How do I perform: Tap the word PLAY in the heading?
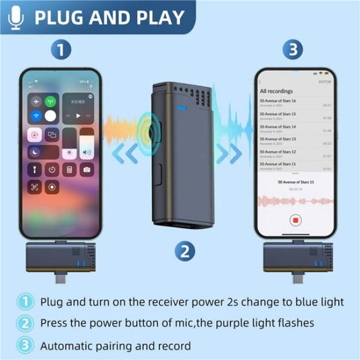pyautogui.click(x=160, y=17)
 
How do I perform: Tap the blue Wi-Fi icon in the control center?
pyautogui.click(x=34, y=117)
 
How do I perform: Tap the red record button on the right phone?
pyautogui.click(x=295, y=220)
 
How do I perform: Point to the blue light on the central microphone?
pyautogui.click(x=181, y=107)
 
